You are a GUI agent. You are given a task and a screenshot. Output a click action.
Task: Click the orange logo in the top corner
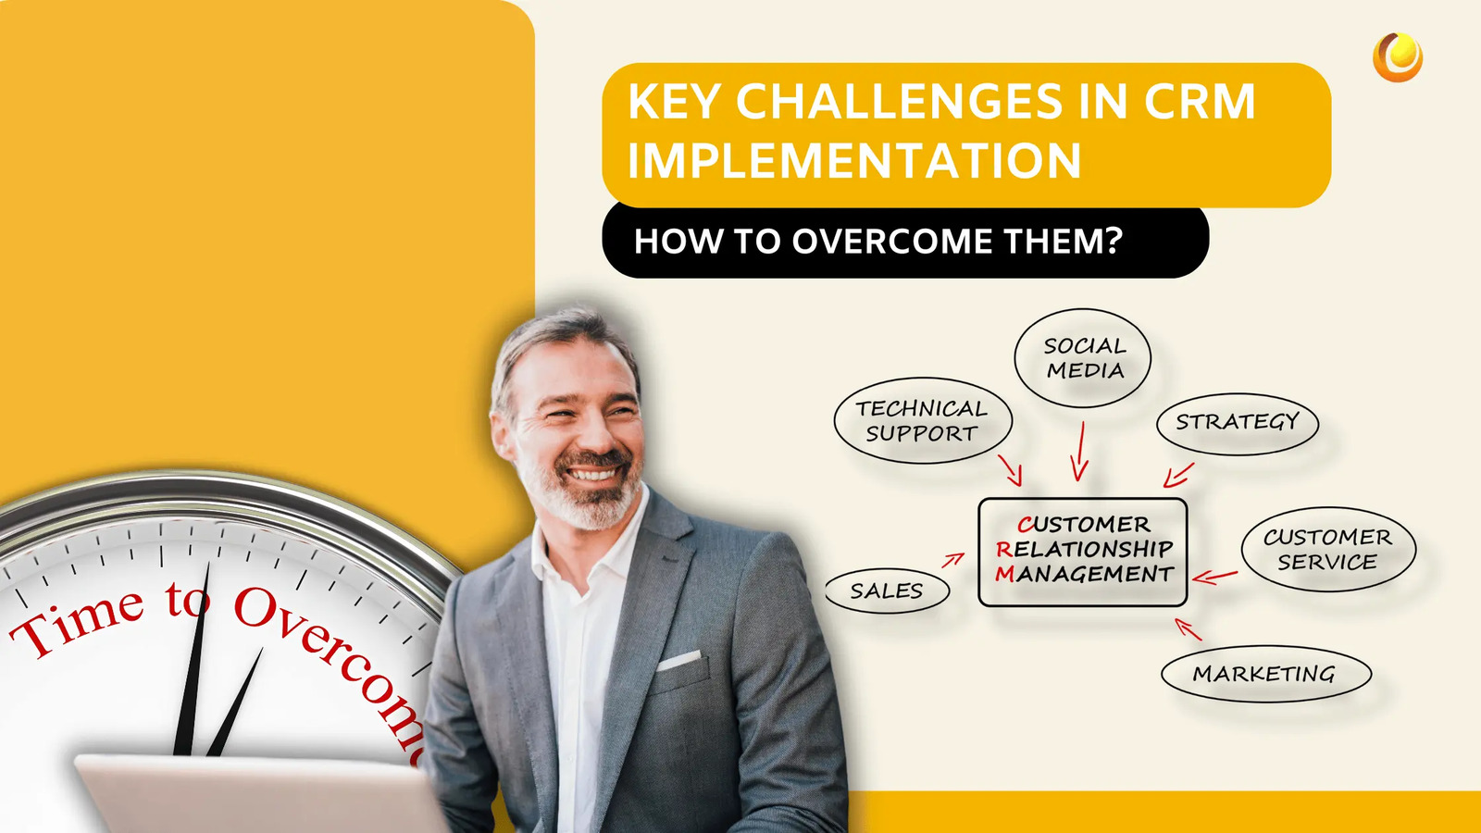tap(1398, 56)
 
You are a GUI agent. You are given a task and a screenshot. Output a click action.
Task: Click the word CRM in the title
tap(1200, 102)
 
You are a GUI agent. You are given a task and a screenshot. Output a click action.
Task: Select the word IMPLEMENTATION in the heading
tap(854, 161)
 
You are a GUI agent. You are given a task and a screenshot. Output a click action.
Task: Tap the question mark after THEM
tap(1113, 241)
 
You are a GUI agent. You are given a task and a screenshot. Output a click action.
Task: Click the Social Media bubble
tap(1083, 358)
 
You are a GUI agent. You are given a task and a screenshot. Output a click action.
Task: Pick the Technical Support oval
tap(922, 421)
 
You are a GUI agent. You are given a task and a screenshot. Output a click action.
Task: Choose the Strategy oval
tap(1237, 423)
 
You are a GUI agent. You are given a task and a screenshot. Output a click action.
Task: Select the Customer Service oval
tap(1327, 550)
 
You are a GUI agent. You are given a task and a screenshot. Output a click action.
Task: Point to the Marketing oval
tap(1264, 674)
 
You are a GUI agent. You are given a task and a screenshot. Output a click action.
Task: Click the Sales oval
tap(887, 591)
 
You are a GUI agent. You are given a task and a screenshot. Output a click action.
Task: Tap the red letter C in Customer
tap(1025, 525)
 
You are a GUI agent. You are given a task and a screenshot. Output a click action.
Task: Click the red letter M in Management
tap(1005, 575)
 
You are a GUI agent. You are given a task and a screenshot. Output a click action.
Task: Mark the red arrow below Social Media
tap(1080, 453)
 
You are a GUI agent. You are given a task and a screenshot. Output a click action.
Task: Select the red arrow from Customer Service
tap(1214, 577)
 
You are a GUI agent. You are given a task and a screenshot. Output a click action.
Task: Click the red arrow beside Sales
tap(953, 559)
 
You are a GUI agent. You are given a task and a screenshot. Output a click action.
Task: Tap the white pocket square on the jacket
tap(678, 660)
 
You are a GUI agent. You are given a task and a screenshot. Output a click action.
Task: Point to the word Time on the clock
tap(79, 623)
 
